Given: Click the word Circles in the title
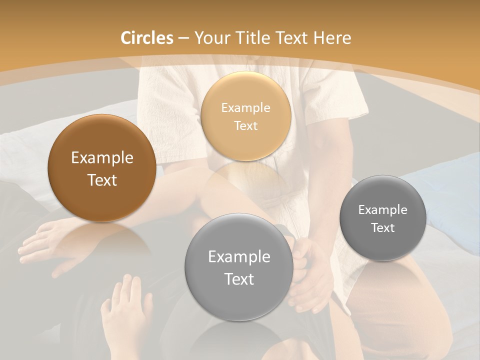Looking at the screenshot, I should pos(147,38).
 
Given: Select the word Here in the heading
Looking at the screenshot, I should pos(333,38).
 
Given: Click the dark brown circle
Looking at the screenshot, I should pos(102,168).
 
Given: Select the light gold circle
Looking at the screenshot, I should pos(245,116).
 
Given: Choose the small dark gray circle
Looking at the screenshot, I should pos(382,218).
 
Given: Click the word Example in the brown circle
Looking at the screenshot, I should pos(102,158).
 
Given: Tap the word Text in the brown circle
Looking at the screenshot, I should pos(102,180).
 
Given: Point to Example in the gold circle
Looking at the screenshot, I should pos(245,107).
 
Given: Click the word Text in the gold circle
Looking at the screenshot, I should pos(245,125).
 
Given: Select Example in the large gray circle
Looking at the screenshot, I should pos(239,256).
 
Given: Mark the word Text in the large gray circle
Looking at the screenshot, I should pos(239,279).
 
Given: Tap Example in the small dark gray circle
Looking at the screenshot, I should pos(382,209).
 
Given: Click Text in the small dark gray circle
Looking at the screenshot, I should pos(382,227).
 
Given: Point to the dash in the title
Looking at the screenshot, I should pos(183,38).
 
